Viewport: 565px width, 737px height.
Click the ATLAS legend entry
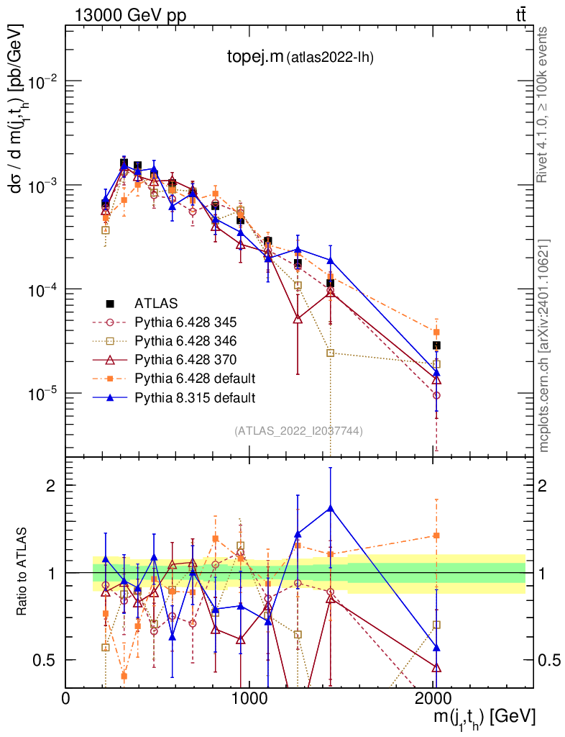tap(156, 303)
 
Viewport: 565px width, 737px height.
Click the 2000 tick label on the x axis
tap(433, 699)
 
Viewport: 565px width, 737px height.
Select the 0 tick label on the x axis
tap(65, 699)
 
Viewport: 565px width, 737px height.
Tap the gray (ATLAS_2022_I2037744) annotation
tap(298, 431)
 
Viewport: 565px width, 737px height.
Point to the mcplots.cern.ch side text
tap(544, 345)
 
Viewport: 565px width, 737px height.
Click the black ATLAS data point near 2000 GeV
tap(436, 345)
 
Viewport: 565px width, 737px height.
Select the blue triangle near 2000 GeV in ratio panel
tap(436, 648)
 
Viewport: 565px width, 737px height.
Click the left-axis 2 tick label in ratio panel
tap(50, 485)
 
